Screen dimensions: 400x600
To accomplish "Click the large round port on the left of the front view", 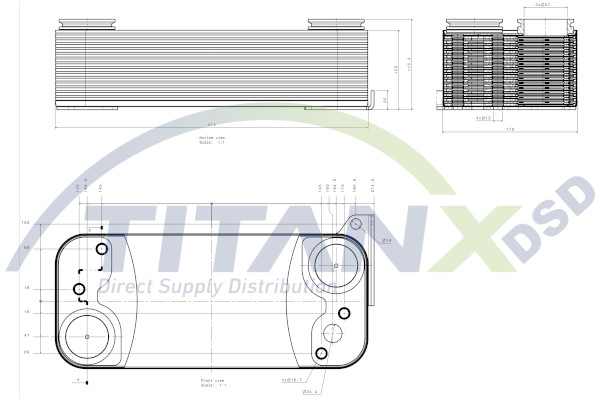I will pyautogui.click(x=88, y=335).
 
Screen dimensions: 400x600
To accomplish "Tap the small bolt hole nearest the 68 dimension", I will pyautogui.click(x=100, y=248).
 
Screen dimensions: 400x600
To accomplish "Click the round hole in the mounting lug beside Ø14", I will pyautogui.click(x=355, y=224).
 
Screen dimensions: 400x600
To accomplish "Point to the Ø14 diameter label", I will pyautogui.click(x=387, y=240).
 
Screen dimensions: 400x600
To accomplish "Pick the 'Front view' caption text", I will pyautogui.click(x=211, y=380).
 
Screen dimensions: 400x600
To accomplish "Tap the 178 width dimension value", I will pyautogui.click(x=510, y=129).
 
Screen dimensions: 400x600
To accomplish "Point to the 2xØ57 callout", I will pyautogui.click(x=545, y=6).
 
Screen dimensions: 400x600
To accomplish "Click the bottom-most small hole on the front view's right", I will pyautogui.click(x=320, y=354).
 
